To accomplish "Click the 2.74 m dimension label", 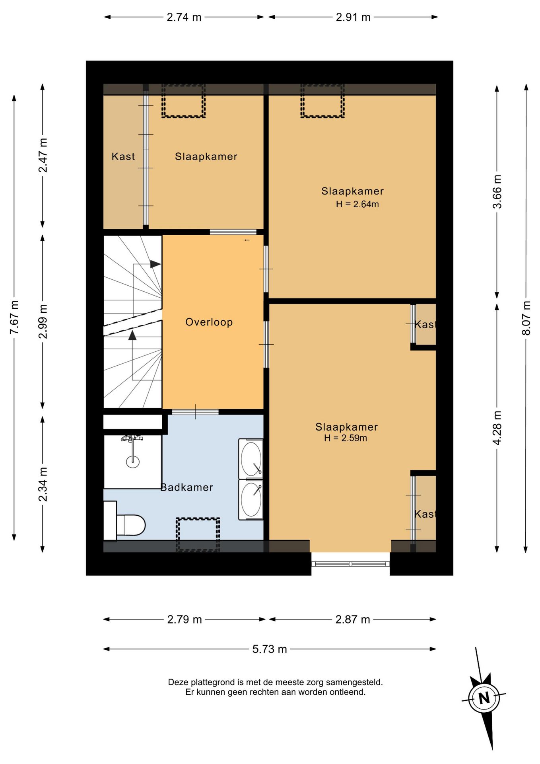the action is (184, 17).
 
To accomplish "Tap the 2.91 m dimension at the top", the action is (353, 17).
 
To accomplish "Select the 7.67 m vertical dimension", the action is (14, 318).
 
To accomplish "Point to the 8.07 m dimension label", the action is (526, 318).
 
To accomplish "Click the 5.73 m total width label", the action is (270, 649).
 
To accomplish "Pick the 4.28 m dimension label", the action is (497, 428).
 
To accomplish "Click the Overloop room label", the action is (209, 322).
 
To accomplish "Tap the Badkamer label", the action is (187, 487).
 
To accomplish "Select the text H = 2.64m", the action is (357, 204).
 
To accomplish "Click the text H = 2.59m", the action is (346, 438).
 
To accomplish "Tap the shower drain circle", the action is (133, 462).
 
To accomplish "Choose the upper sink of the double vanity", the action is (251, 458).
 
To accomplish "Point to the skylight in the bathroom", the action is (198, 534).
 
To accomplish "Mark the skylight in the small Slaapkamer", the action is (183, 101).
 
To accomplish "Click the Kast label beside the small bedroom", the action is (123, 156).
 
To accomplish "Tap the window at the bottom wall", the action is (350, 563).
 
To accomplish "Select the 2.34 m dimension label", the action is (43, 484).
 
